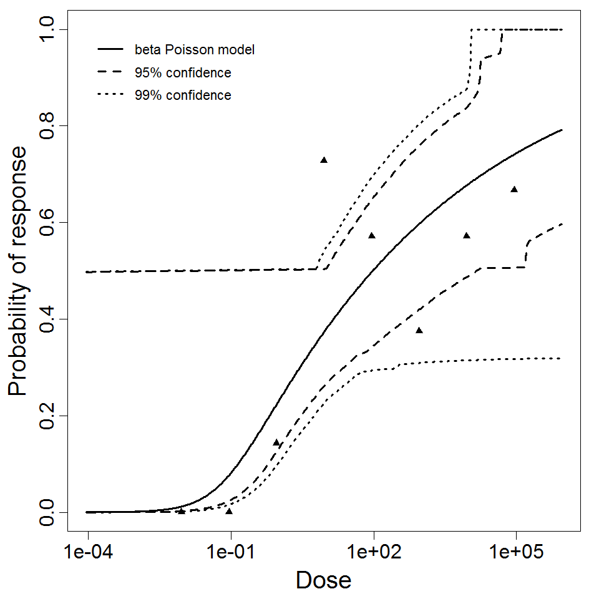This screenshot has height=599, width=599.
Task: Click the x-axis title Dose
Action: tap(323, 581)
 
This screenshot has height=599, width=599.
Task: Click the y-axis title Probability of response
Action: tap(18, 271)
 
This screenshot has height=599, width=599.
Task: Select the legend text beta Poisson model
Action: tap(194, 50)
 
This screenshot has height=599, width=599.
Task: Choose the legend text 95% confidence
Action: tap(182, 73)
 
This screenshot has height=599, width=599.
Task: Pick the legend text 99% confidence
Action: tap(182, 95)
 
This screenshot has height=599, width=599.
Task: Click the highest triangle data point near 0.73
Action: tap(324, 160)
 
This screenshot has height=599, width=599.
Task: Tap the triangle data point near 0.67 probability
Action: tap(514, 190)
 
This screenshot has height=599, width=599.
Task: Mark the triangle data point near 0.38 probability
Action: tap(419, 331)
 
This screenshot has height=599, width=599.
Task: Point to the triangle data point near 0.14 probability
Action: tap(276, 443)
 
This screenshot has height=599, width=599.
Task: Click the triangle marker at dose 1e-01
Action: tap(229, 512)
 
